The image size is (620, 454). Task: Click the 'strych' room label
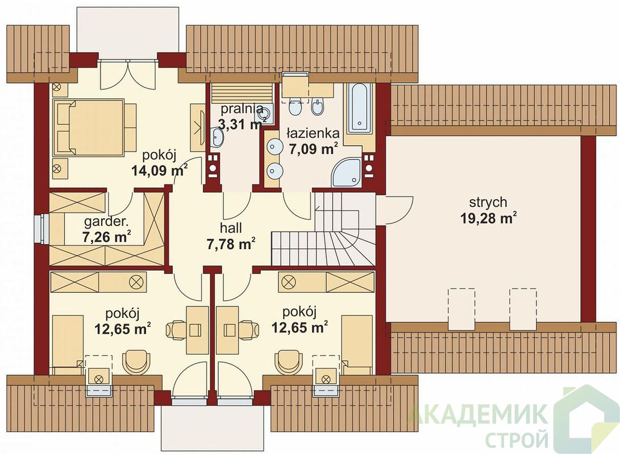(x=488, y=203)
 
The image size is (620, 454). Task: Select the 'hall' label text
(x=231, y=228)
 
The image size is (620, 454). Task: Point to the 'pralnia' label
(x=241, y=108)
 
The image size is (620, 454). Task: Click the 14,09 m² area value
(x=159, y=171)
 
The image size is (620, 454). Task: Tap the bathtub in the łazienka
(x=360, y=108)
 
